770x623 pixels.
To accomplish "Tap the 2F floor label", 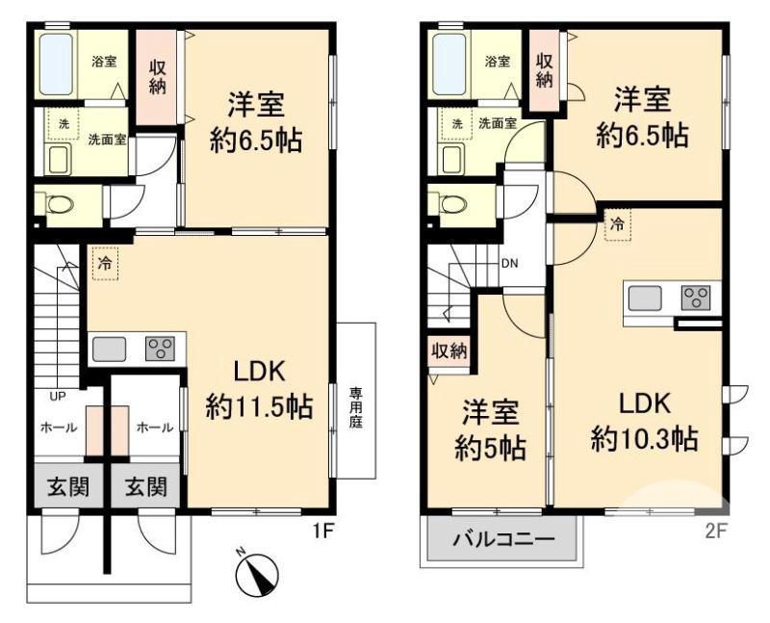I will (713, 530).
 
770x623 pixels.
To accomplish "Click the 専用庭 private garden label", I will (356, 408).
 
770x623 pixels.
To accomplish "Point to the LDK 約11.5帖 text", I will (259, 390).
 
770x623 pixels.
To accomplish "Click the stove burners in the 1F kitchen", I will (160, 349).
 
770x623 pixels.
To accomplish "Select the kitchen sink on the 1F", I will (108, 349).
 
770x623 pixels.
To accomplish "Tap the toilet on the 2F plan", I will (450, 204).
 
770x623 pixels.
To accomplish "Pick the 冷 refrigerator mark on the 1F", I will (105, 262).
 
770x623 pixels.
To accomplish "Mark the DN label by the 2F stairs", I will (509, 260).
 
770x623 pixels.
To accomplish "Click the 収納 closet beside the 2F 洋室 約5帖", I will (449, 350).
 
